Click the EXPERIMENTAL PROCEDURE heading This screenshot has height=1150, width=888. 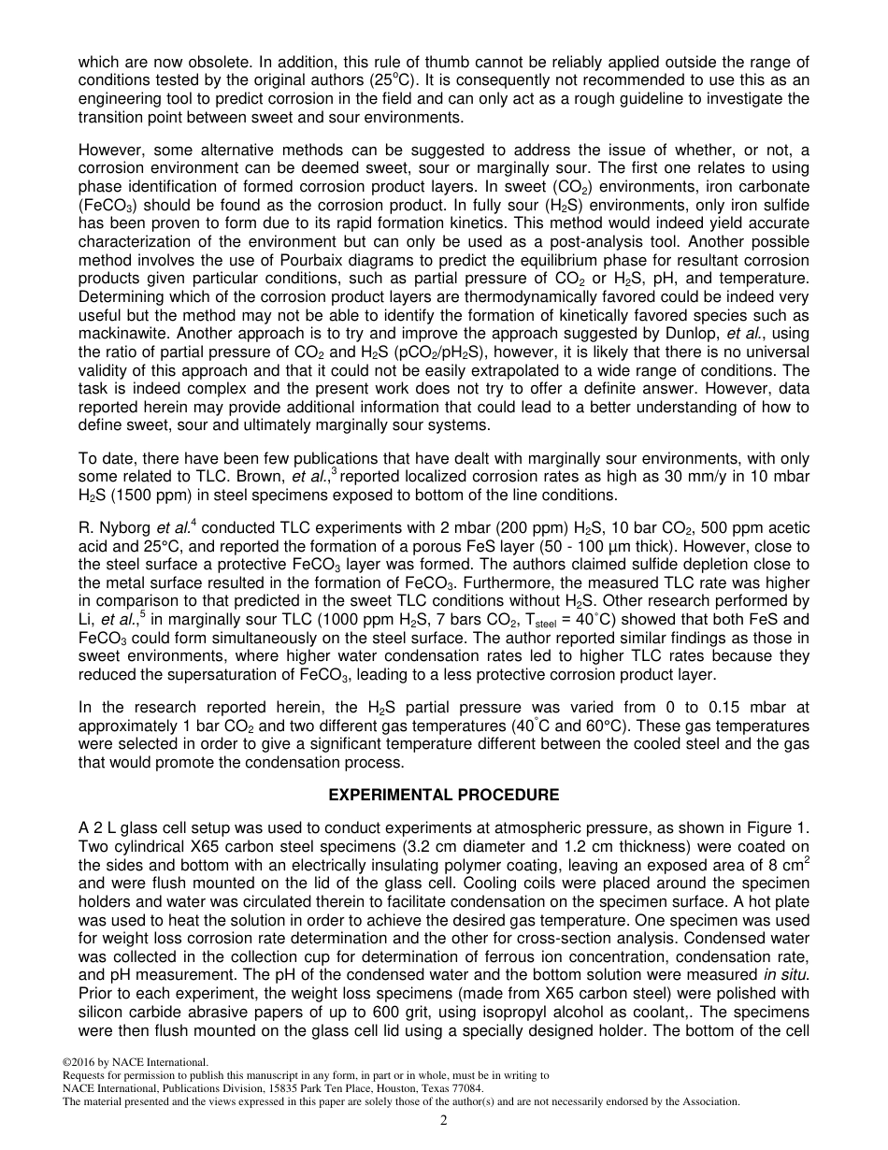pos(443,795)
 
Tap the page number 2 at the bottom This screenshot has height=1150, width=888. pos(444,1121)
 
